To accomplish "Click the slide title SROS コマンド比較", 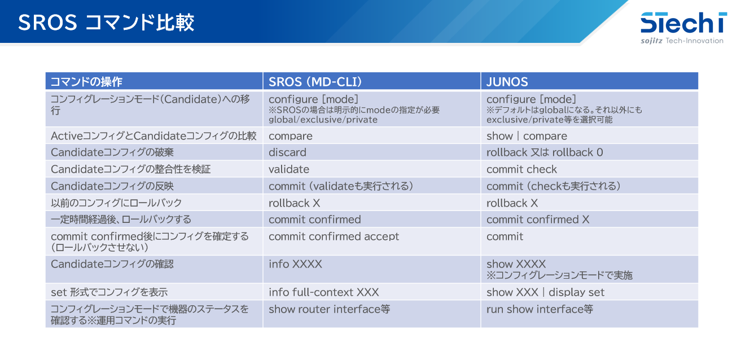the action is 106,23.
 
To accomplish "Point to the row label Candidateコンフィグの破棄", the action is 112,152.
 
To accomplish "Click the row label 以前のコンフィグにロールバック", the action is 116,203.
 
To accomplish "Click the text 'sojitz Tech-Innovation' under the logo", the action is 682,41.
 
